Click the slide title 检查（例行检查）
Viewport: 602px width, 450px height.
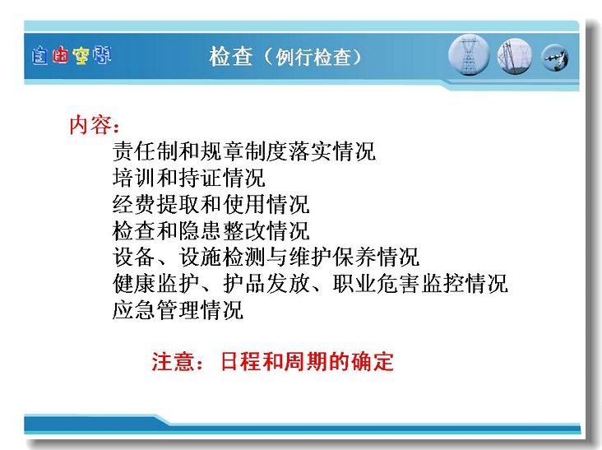coord(285,57)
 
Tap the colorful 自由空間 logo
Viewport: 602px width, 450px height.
coord(72,56)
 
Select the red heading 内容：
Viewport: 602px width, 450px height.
coord(95,125)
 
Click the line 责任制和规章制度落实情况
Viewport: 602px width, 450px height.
coord(244,151)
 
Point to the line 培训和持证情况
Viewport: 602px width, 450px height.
coord(189,178)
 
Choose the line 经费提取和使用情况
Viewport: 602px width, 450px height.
coord(211,204)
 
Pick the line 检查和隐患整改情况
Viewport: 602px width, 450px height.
coord(211,230)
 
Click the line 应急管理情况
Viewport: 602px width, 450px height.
coord(178,310)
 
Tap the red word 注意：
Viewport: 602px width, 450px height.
coord(177,361)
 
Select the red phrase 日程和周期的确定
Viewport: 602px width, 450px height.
coord(307,361)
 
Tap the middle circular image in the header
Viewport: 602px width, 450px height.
coord(515,57)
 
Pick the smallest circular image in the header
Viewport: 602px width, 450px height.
coord(555,58)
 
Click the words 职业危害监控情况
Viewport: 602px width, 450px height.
coord(420,283)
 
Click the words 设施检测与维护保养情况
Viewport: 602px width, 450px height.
coord(299,257)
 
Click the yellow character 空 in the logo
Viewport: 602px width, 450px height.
coord(81,56)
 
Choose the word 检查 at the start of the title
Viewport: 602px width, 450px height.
coord(231,57)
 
